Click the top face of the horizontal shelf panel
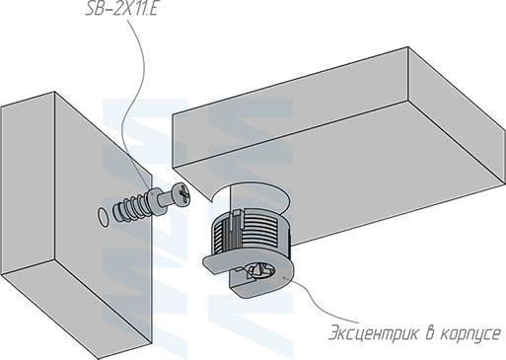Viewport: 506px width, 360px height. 335,94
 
